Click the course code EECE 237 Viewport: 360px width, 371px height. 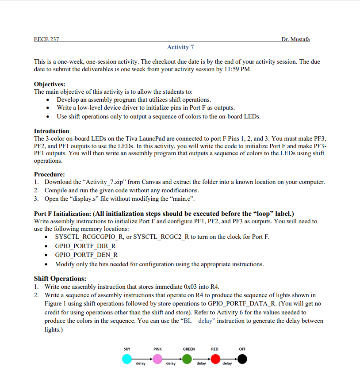[x=46, y=39]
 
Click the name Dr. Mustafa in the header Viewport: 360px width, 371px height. [x=295, y=39]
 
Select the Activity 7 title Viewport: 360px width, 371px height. [x=180, y=47]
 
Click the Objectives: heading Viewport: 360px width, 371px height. [x=50, y=84]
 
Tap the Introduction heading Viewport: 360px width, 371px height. [x=51, y=131]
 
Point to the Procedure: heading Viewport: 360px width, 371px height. [x=50, y=174]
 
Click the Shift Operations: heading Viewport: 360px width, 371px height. [x=60, y=279]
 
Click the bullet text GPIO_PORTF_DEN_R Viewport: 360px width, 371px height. [x=86, y=255]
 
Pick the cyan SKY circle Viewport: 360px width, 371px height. [x=127, y=359]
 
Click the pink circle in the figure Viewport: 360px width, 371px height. [x=157, y=359]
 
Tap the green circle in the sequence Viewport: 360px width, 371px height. [x=188, y=359]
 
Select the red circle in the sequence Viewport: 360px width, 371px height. [x=215, y=359]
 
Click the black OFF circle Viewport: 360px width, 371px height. [x=242, y=359]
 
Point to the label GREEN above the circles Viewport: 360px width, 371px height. [x=189, y=349]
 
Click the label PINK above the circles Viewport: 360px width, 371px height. [x=157, y=349]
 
